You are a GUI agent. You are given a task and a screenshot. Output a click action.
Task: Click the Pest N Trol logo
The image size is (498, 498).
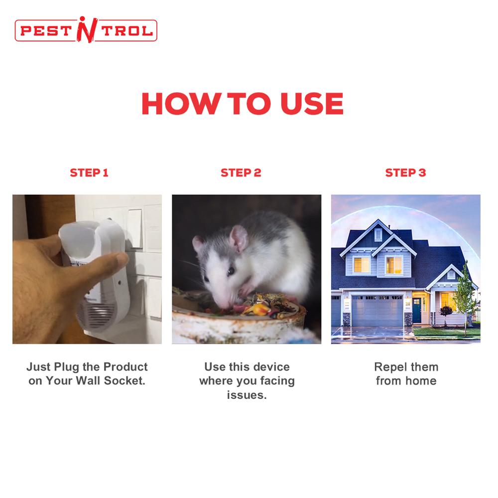(x=86, y=30)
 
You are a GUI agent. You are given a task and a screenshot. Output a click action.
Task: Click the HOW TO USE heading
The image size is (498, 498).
(x=242, y=103)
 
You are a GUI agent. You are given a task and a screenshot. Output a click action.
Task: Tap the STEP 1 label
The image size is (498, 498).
(x=89, y=173)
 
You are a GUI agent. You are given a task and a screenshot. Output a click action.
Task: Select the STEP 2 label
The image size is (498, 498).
(x=241, y=173)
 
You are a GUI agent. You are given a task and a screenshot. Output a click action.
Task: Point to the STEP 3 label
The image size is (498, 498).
(x=405, y=173)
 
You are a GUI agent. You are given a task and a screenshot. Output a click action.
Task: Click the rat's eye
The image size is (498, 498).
(x=230, y=271)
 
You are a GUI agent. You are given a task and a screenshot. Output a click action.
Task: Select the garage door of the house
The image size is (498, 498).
(x=377, y=310)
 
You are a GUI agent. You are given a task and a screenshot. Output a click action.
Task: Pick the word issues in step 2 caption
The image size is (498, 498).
(x=247, y=395)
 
